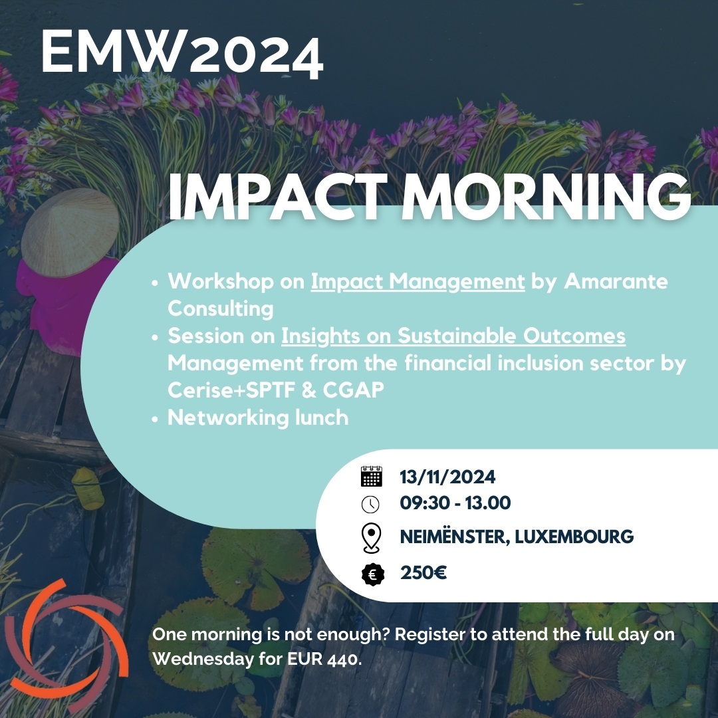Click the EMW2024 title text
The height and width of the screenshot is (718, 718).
click(x=181, y=55)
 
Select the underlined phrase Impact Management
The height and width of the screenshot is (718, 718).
click(x=418, y=281)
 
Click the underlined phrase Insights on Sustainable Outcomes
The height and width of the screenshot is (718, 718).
click(x=453, y=336)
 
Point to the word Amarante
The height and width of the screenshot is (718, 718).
click(x=616, y=281)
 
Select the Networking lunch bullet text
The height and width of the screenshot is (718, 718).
click(x=258, y=418)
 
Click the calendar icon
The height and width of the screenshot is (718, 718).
click(x=371, y=477)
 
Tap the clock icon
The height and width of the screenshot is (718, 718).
click(x=370, y=504)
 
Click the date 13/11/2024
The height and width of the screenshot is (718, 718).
click(x=447, y=477)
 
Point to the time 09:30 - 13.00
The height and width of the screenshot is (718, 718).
click(x=455, y=503)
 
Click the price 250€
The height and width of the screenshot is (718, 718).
click(x=423, y=573)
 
